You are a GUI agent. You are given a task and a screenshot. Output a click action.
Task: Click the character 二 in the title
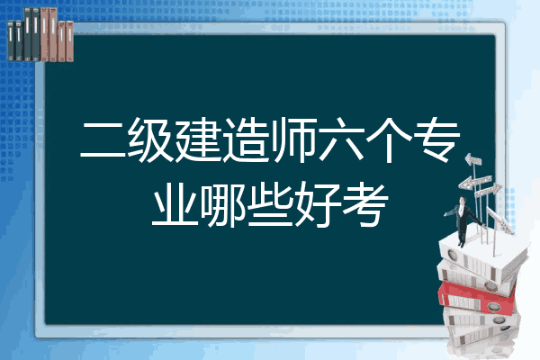103,140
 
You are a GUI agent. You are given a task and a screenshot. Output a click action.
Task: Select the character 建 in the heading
198,139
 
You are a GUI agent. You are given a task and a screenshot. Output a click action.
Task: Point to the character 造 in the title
246,139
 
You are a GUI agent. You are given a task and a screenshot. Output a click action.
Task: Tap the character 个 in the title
389,139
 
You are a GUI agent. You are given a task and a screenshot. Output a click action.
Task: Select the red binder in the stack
477,298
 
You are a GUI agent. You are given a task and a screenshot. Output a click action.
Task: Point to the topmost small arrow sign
473,159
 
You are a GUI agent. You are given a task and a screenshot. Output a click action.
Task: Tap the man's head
463,200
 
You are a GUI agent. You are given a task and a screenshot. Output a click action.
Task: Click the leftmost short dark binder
11,41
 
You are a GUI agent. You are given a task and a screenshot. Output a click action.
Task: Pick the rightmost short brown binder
70,41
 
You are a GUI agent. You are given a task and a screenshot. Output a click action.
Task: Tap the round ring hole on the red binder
493,306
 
